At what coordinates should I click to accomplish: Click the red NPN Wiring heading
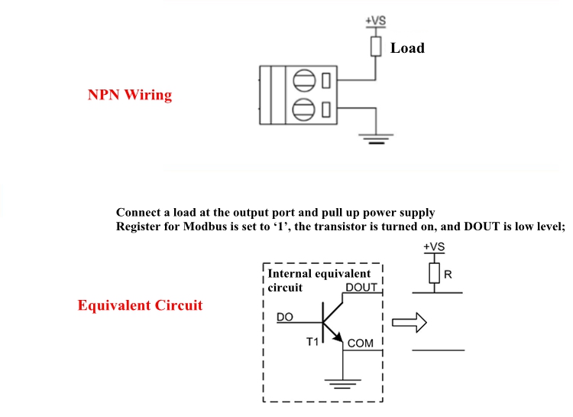(x=130, y=96)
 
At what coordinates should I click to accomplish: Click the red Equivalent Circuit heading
(x=140, y=305)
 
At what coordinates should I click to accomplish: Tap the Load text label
(x=407, y=48)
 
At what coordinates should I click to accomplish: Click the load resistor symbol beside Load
(x=376, y=46)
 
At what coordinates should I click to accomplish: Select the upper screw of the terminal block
(x=304, y=80)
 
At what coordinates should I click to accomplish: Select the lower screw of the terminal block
(x=304, y=108)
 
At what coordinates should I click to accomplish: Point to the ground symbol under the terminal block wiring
(x=376, y=138)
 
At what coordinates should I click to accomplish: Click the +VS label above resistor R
(x=433, y=248)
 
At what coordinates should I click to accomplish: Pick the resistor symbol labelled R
(x=433, y=272)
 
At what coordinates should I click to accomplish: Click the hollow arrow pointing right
(x=407, y=324)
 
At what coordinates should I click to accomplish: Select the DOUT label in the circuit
(x=361, y=287)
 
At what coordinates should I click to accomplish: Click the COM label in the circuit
(x=361, y=344)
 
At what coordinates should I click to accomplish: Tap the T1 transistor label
(x=313, y=342)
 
